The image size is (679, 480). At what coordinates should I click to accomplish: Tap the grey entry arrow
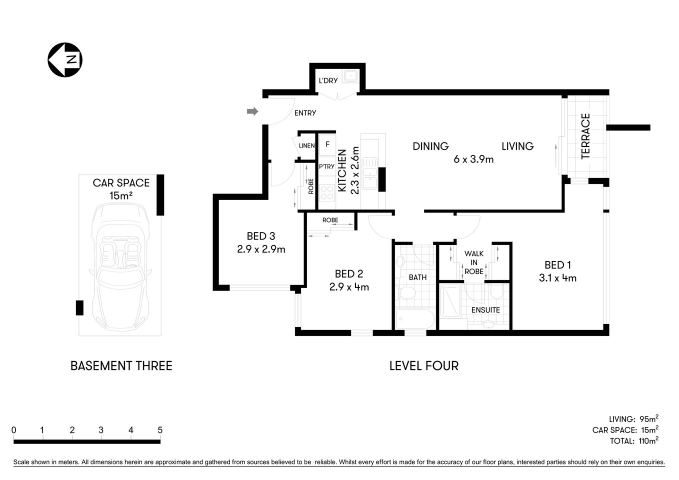click(x=252, y=111)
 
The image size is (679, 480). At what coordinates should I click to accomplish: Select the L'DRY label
click(x=328, y=80)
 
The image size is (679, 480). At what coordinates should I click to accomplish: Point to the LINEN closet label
click(x=306, y=146)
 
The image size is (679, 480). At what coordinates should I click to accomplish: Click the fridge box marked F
click(x=327, y=144)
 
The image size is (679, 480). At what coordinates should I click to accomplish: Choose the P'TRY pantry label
click(x=326, y=166)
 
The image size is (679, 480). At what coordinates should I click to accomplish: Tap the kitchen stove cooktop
click(x=326, y=192)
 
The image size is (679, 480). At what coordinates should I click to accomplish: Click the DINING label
click(x=430, y=146)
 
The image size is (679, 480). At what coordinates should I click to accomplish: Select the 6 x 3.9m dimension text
click(x=473, y=159)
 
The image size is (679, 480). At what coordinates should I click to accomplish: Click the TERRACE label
click(x=585, y=136)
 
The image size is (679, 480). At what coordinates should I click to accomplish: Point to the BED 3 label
click(x=260, y=236)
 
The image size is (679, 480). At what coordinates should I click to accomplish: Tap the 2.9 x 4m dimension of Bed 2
click(x=349, y=287)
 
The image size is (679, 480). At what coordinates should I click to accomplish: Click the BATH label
click(x=417, y=277)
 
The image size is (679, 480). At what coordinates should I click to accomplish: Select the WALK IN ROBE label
click(x=473, y=262)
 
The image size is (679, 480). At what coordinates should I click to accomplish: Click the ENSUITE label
click(x=485, y=310)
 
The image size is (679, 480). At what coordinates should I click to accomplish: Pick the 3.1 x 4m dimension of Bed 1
click(x=557, y=278)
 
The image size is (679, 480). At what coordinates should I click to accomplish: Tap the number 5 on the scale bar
click(x=160, y=430)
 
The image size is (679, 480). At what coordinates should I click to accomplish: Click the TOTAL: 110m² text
click(x=633, y=441)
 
